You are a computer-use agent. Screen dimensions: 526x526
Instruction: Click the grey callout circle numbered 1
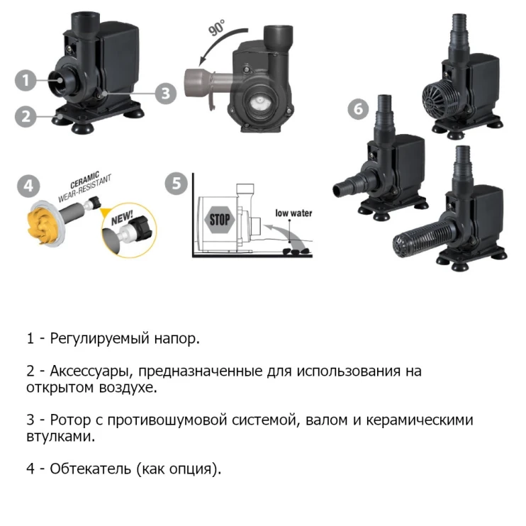pyautogui.click(x=26, y=79)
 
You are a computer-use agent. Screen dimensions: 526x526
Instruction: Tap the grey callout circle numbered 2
pyautogui.click(x=26, y=115)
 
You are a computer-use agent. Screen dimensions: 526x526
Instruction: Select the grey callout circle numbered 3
pyautogui.click(x=165, y=93)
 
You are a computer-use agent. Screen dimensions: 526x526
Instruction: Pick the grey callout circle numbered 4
pyautogui.click(x=27, y=187)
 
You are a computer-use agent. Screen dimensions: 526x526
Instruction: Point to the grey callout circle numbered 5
pyautogui.click(x=176, y=184)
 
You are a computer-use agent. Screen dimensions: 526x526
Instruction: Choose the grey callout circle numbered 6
pyautogui.click(x=359, y=110)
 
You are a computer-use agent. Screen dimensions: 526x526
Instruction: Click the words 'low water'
pyautogui.click(x=293, y=213)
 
